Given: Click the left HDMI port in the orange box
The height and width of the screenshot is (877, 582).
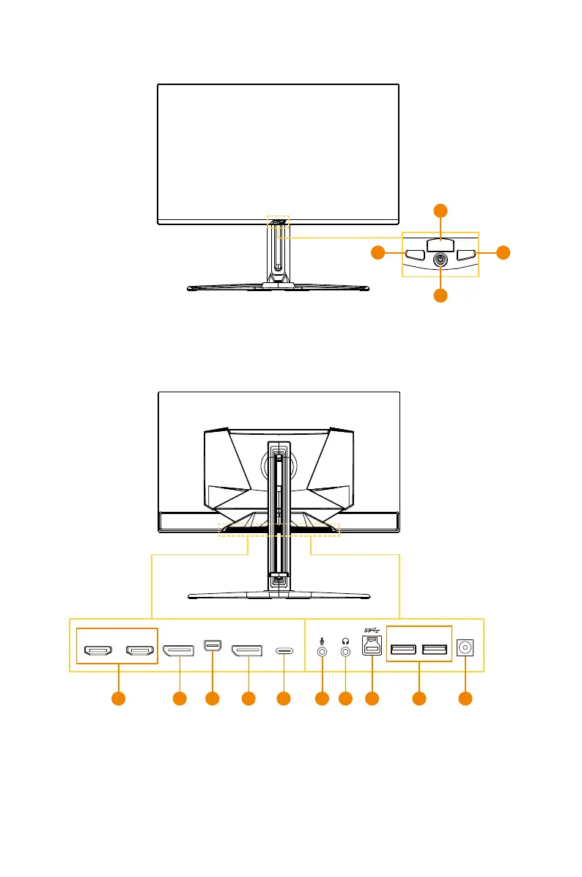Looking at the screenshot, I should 97,650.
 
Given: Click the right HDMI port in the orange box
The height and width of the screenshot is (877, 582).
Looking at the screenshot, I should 139,650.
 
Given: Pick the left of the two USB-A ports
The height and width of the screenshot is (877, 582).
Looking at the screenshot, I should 403,650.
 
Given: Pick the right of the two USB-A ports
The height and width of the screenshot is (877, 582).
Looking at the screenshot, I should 435,650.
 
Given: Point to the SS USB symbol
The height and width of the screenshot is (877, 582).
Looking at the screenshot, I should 372,630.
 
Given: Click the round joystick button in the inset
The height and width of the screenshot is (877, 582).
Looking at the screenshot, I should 440,259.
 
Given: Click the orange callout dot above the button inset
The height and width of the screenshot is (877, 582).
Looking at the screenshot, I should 440,210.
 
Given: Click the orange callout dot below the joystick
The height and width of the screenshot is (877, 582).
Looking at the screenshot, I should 440,296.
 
